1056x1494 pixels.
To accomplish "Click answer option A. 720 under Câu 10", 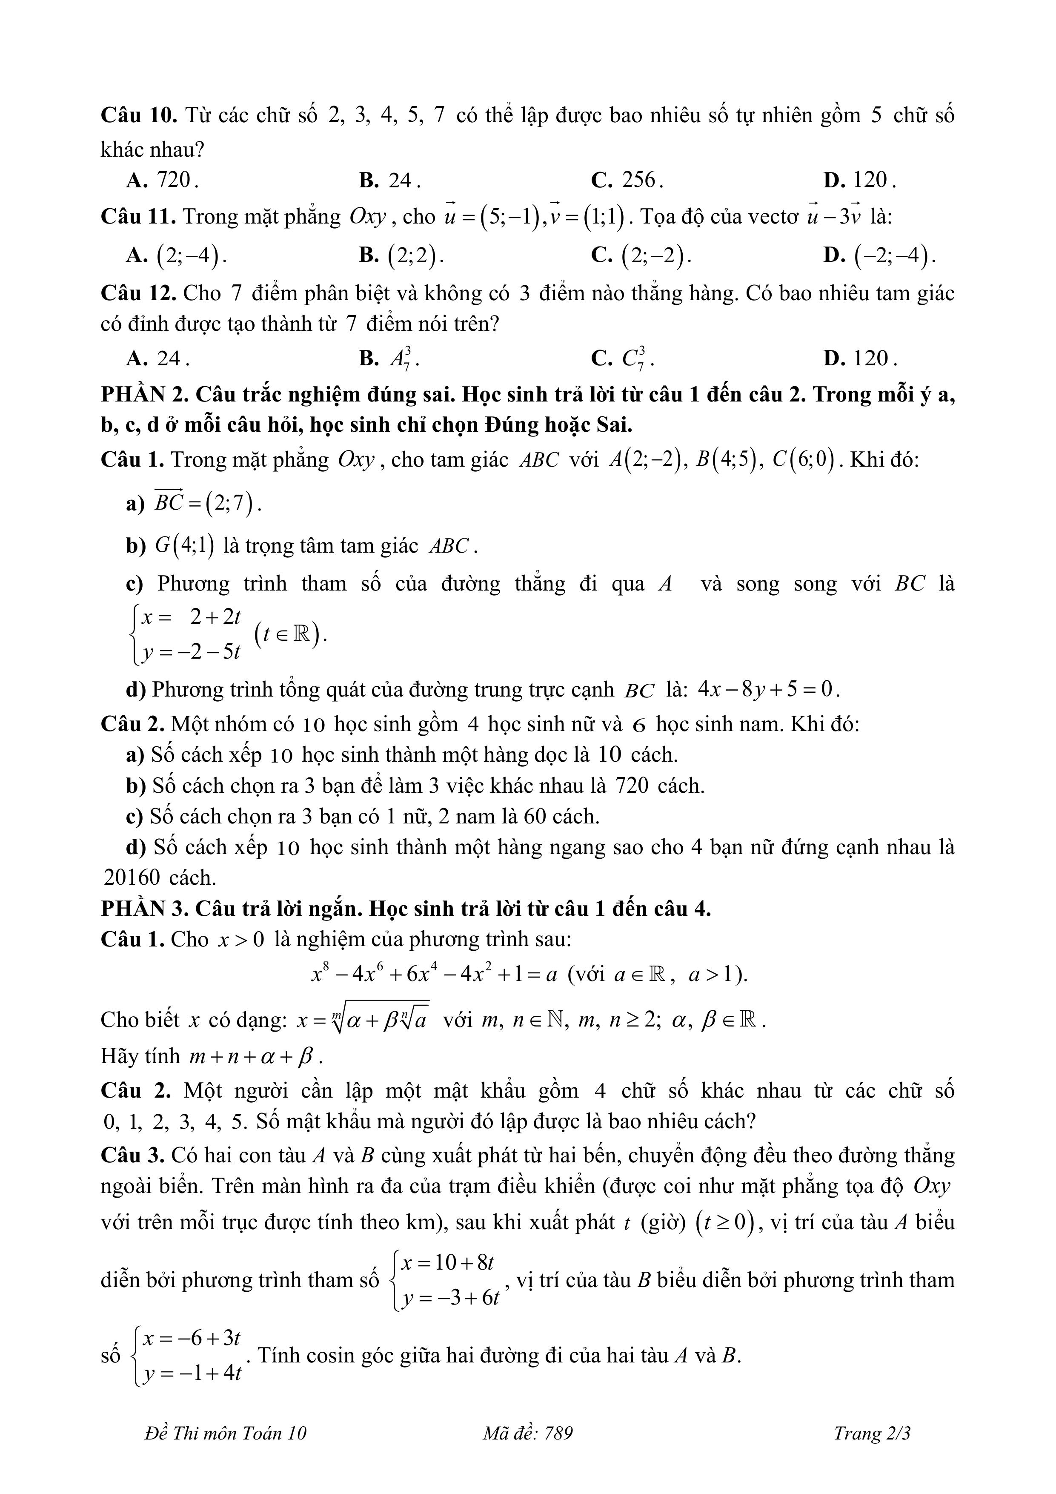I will (x=163, y=180).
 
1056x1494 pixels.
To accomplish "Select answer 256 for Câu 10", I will (x=628, y=180).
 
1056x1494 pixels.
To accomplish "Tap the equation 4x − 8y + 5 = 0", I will (x=768, y=689).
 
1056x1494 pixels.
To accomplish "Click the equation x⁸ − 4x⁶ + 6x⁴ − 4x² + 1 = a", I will (x=435, y=975).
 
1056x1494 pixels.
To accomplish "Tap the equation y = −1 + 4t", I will (x=192, y=1373).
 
